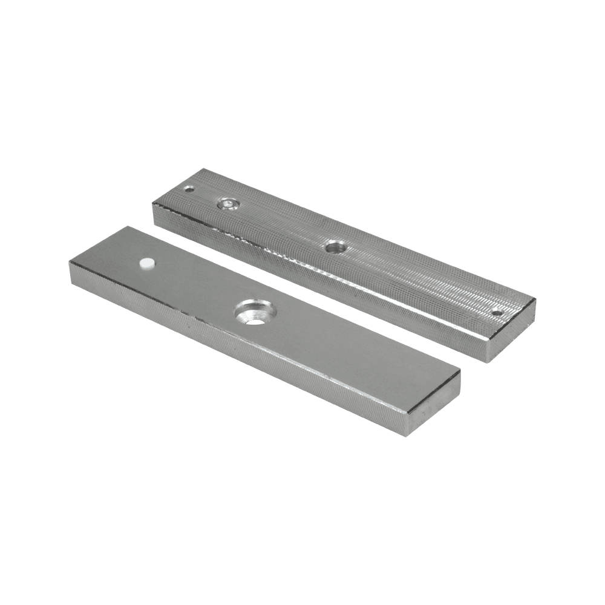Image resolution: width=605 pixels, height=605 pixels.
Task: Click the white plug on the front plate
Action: (147, 263)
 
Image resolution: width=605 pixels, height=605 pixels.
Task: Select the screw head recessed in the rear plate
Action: (227, 204)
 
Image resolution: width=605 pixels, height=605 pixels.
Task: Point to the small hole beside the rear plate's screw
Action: (191, 189)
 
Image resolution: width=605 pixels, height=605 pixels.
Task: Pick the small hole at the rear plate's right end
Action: (497, 313)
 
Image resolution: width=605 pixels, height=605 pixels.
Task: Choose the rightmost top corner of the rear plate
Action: (535, 299)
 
